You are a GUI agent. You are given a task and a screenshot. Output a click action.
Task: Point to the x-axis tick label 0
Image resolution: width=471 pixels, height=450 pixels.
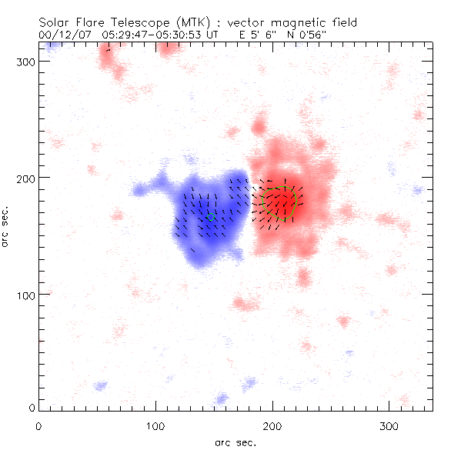38,425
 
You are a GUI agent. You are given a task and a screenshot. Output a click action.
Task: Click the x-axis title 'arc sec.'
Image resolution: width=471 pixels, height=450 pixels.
235,442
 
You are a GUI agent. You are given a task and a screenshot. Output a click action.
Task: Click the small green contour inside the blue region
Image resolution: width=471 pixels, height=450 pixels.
211,217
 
